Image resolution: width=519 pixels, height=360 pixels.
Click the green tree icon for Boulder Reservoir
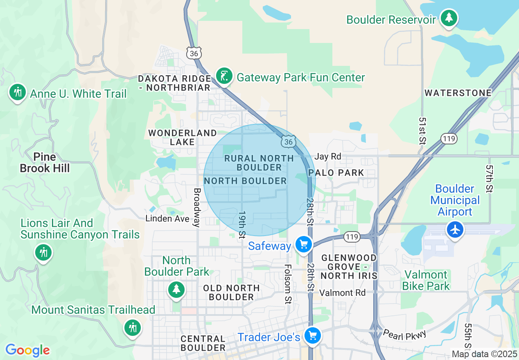click(x=449, y=18)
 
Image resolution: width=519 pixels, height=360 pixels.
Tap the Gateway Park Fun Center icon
click(x=224, y=76)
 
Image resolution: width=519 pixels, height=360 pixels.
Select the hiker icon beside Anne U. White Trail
click(x=17, y=92)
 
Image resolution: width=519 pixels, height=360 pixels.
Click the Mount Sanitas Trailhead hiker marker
click(x=132, y=327)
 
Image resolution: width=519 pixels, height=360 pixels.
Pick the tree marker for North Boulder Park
click(x=176, y=290)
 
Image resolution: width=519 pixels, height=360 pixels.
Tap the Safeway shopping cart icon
click(x=303, y=245)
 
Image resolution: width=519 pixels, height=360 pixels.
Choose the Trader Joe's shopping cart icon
click(x=313, y=336)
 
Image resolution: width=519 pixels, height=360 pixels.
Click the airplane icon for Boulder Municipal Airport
click(x=455, y=229)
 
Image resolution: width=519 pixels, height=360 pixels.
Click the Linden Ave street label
click(x=167, y=218)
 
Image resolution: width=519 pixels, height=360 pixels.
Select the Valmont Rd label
click(x=342, y=292)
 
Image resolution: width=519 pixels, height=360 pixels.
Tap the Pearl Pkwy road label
click(x=404, y=334)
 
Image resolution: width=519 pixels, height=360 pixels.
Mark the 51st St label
click(x=422, y=130)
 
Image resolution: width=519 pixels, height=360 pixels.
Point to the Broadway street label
click(x=197, y=207)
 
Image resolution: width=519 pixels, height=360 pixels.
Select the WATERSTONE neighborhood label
click(x=458, y=93)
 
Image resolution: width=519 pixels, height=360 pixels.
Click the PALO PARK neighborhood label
click(x=336, y=173)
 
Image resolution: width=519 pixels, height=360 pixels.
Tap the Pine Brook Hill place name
click(x=45, y=162)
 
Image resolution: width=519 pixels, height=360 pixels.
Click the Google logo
click(x=27, y=350)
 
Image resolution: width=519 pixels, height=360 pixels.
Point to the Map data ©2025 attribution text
click(x=484, y=354)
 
